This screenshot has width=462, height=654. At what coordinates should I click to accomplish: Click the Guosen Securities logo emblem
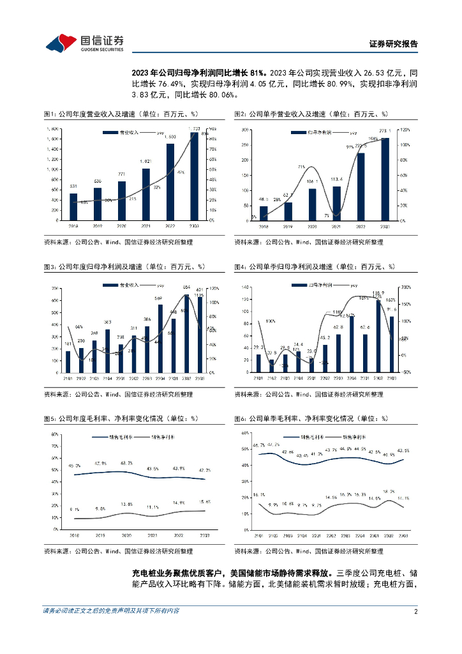coord(62,42)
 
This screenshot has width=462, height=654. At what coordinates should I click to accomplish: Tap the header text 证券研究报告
coord(394,44)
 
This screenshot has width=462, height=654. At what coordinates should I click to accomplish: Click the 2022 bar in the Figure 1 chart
coord(170,182)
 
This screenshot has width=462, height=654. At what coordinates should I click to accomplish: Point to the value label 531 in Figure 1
coord(73,186)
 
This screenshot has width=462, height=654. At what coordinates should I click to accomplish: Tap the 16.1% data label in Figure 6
coord(259,496)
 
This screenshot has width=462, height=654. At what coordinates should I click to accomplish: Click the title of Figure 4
coord(314,266)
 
